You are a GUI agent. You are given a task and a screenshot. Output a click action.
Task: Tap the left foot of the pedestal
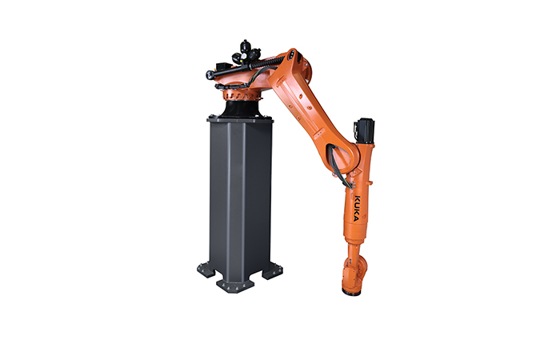pyautogui.click(x=206, y=269)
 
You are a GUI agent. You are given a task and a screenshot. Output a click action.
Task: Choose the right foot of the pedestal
pyautogui.click(x=272, y=270)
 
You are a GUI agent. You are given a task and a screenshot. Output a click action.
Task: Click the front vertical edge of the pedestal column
pyautogui.click(x=237, y=200)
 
